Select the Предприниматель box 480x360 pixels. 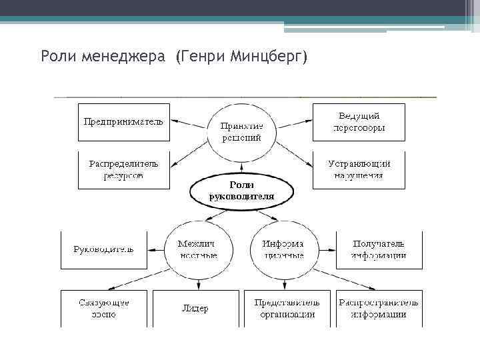[124, 122]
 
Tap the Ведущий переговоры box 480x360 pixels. [359, 122]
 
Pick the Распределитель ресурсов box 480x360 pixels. [124, 169]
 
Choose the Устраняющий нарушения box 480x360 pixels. [359, 169]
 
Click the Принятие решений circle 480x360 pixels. [241, 131]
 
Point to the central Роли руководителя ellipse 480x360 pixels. [241, 191]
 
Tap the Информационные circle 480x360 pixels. [283, 249]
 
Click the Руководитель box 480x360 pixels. [103, 249]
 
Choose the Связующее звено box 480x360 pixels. [103, 308]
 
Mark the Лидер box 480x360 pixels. [195, 308]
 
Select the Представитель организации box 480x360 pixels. [287, 308]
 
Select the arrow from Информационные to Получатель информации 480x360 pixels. [322, 249]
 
